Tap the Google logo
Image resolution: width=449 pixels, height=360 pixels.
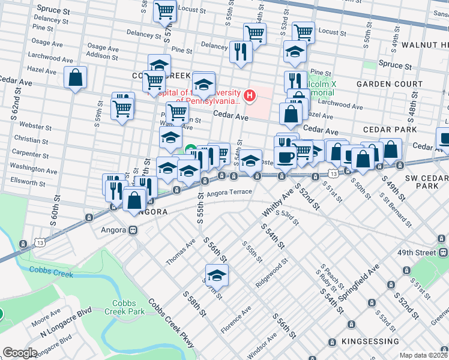[x=19, y=353]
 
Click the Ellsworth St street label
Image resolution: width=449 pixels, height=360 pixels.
[x=28, y=182]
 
